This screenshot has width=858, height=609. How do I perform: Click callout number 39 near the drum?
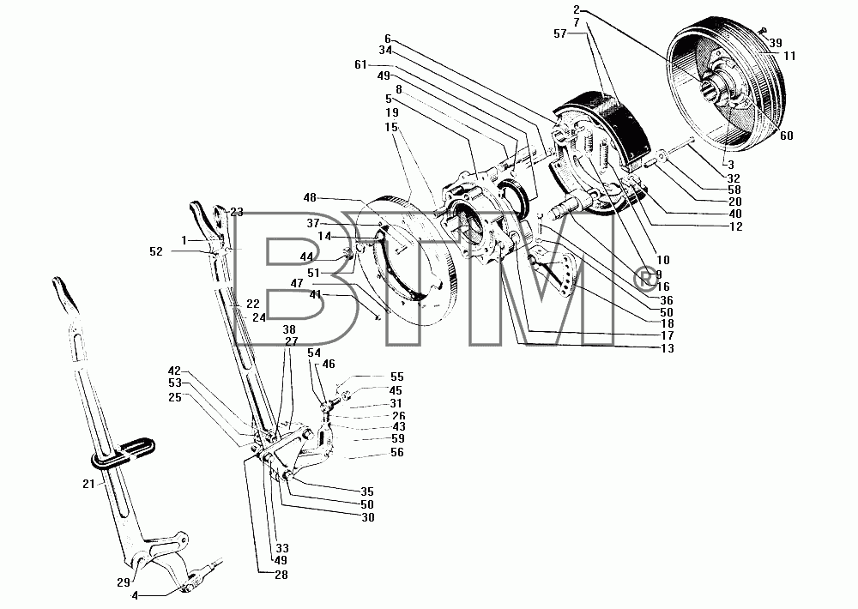(776, 43)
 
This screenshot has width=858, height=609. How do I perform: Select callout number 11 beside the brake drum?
(789, 56)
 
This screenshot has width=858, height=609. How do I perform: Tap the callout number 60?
(786, 136)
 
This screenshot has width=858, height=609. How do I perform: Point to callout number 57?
(559, 34)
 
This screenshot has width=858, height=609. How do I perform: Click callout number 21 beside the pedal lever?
(88, 485)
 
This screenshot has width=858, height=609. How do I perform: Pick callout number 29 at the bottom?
(124, 582)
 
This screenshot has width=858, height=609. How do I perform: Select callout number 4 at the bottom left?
(135, 596)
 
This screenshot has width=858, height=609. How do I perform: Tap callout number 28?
(281, 575)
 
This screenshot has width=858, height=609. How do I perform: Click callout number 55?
(396, 377)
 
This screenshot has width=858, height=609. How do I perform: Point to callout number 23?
(237, 213)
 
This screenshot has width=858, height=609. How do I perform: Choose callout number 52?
(156, 251)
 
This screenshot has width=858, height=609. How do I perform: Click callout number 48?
(310, 197)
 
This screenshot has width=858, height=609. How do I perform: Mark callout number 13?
(667, 348)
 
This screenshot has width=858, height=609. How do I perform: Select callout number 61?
(360, 65)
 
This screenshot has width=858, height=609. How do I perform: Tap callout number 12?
(736, 226)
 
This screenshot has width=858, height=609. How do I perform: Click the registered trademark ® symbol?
(644, 279)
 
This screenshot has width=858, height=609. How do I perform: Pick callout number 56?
(396, 453)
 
